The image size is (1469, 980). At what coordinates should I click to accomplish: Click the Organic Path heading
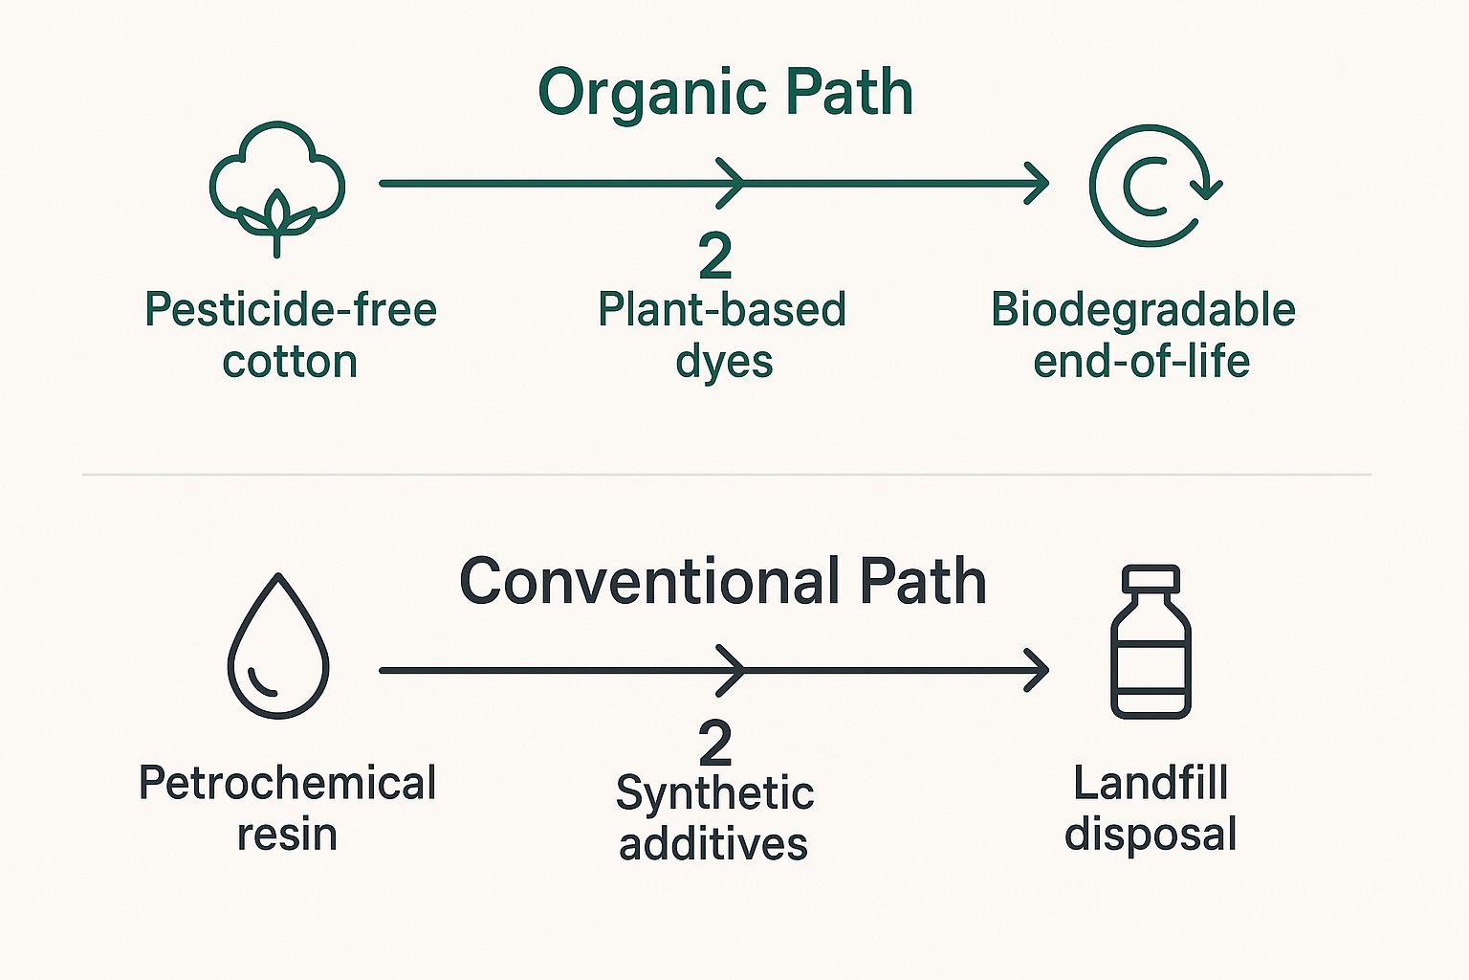pos(725,93)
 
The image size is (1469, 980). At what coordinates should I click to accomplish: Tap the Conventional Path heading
pos(722,581)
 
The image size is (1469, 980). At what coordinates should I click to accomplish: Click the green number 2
pos(715,255)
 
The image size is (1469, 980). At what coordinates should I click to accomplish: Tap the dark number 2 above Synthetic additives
pos(715,743)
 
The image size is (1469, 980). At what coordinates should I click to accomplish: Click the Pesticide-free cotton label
pos(290,335)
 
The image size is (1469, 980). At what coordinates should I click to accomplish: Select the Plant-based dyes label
pos(722,335)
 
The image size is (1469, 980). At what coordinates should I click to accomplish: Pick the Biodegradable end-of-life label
pos(1143,335)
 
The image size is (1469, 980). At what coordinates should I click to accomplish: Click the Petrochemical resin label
pos(287,808)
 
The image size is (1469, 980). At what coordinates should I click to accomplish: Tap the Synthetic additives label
pos(714,818)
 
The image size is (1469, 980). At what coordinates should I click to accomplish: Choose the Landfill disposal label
pos(1151,808)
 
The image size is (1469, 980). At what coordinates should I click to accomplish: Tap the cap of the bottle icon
pos(1151,579)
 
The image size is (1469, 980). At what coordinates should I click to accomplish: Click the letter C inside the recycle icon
pos(1145,188)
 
